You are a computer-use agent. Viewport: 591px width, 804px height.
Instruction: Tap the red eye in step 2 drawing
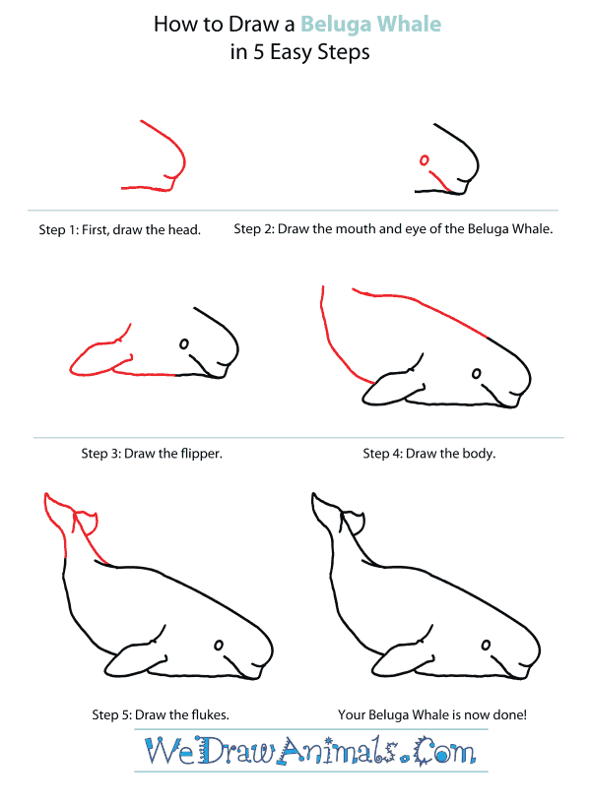[x=425, y=159]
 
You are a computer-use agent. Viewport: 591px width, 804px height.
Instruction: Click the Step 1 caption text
[x=120, y=230]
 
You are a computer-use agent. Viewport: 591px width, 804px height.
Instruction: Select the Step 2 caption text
[x=393, y=229]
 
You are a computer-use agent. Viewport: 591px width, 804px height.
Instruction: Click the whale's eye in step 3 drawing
[x=183, y=343]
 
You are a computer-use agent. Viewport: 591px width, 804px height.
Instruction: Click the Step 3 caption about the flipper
[x=152, y=454]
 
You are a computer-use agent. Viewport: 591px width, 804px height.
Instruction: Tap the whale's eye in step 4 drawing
[x=478, y=374]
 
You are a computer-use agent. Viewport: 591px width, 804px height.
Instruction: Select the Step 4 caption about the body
[x=428, y=454]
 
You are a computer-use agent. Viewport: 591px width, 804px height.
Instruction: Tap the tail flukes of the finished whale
[x=335, y=517]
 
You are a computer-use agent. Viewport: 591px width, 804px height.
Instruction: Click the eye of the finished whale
[x=487, y=645]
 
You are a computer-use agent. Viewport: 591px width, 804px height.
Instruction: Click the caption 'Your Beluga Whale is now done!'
[x=432, y=715]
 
